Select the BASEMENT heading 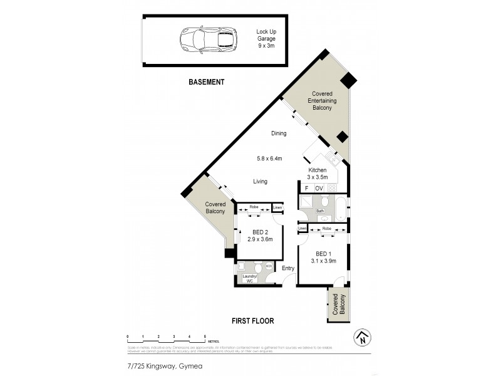point(206,82)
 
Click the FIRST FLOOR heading point(252,320)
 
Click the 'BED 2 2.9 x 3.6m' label point(259,236)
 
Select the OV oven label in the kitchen point(319,188)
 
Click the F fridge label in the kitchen point(306,188)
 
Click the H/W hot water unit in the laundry point(269,266)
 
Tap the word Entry point(288,269)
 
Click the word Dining point(279,133)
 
